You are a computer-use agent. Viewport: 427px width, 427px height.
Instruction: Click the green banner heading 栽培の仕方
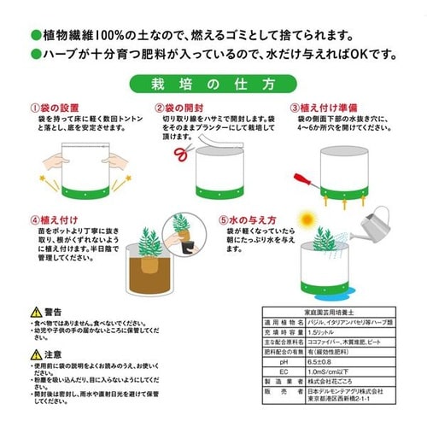pyautogui.click(x=213, y=84)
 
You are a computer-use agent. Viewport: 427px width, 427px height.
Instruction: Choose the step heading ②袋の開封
pyautogui.click(x=178, y=108)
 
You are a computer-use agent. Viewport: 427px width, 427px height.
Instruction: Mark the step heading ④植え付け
pyautogui.click(x=52, y=219)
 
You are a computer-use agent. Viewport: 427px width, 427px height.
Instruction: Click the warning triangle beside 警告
pyautogui.click(x=34, y=313)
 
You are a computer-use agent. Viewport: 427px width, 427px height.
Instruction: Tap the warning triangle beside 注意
pyautogui.click(x=34, y=353)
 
